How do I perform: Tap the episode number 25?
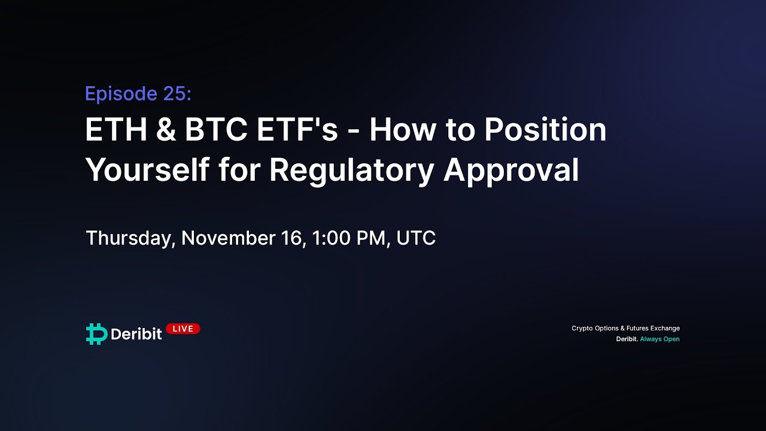coord(177,94)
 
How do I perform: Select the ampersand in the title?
coord(166,130)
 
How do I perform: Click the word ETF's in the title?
coord(297,130)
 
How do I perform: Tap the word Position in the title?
coord(545,130)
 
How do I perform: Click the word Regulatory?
coord(351,171)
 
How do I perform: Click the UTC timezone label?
coord(416,238)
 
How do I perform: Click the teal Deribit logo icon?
coord(96,334)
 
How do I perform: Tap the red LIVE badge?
coord(183,329)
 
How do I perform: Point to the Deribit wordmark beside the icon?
coord(136,334)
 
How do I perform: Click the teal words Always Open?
coord(659,339)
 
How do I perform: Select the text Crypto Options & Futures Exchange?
coord(625,328)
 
